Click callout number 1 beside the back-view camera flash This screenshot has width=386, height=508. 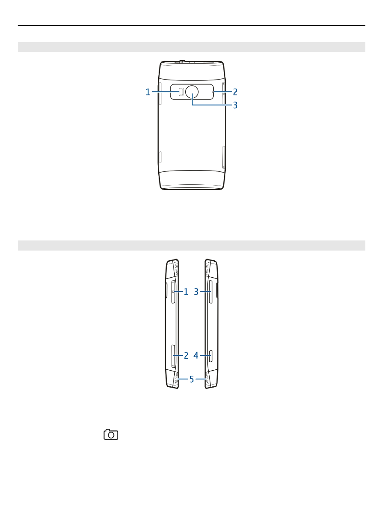148,92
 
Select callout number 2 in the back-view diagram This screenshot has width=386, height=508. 235,92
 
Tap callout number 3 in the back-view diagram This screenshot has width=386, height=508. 235,105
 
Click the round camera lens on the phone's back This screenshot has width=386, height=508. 192,92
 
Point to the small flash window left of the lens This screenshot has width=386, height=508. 181,92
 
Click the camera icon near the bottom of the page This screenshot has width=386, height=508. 111,434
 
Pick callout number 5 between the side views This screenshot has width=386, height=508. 191,379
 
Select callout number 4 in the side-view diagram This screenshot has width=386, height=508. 196,356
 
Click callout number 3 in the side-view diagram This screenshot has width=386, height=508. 196,292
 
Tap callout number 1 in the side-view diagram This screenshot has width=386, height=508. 186,292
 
